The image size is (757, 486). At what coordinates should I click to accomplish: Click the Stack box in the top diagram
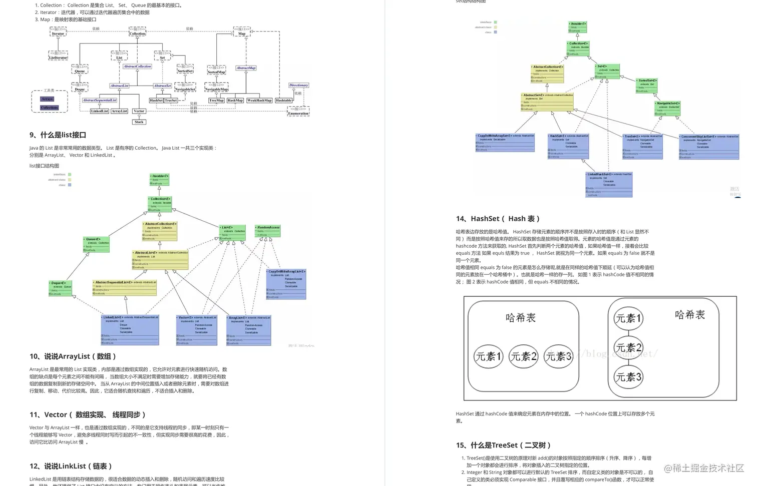tap(139, 122)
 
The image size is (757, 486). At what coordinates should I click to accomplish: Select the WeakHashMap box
tap(259, 100)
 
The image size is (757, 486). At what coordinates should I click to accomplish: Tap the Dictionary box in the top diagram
tap(298, 85)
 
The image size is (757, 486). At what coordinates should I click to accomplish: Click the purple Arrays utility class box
tap(47, 99)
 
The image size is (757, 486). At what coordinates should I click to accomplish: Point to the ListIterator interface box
tap(58, 56)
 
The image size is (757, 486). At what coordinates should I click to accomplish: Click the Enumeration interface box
tap(298, 111)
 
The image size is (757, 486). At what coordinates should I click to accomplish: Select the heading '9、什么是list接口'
tap(58, 135)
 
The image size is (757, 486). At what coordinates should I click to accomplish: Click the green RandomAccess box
tap(268, 231)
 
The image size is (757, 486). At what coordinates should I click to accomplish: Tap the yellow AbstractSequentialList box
tap(125, 287)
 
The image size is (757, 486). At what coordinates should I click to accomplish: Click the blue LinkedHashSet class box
tap(609, 184)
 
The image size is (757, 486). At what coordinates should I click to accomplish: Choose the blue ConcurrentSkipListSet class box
tap(709, 147)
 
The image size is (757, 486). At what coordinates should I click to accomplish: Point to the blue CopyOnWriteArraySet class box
tap(505, 142)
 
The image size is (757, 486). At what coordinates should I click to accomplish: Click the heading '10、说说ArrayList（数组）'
tap(73, 356)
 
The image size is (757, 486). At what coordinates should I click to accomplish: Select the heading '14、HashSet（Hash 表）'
tap(498, 219)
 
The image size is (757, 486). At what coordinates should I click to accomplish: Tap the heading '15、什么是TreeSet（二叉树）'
tap(503, 445)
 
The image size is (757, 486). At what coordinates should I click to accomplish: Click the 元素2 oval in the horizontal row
tap(523, 356)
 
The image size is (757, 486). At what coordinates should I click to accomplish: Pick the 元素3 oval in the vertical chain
tap(628, 377)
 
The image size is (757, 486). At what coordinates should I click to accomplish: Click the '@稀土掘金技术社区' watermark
tap(704, 468)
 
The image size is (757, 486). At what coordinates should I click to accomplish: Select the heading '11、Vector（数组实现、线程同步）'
tap(88, 414)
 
